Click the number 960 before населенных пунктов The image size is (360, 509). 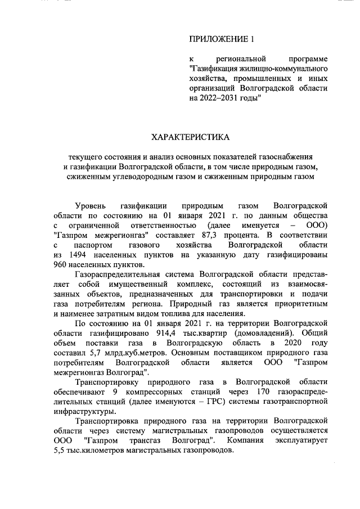coord(61,266)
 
